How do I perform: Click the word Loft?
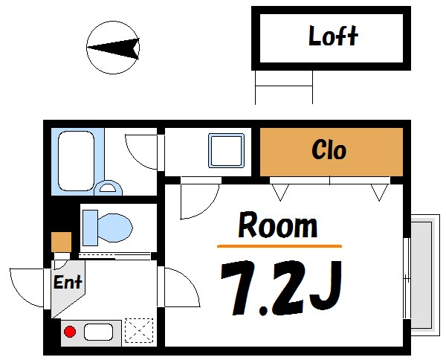click(x=333, y=36)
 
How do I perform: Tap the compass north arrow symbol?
click(x=113, y=48)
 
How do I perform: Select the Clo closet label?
click(x=329, y=151)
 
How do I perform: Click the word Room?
click(x=277, y=225)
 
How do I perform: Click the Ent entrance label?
click(x=68, y=283)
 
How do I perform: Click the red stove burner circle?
click(x=70, y=332)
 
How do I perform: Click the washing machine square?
click(x=226, y=151)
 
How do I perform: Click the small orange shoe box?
click(x=62, y=242)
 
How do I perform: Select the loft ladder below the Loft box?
click(x=284, y=88)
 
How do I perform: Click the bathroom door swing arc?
click(x=141, y=152)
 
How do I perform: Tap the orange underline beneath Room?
click(x=279, y=245)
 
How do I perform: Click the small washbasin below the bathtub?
click(x=109, y=188)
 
